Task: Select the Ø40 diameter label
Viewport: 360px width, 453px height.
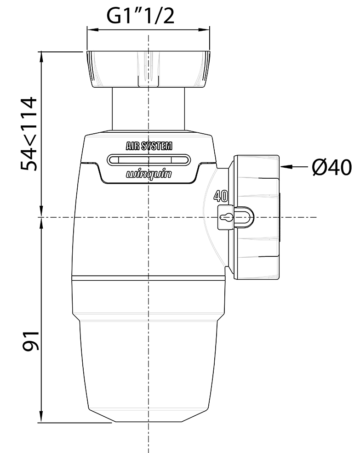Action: (x=331, y=167)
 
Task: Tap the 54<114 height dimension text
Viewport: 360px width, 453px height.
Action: (x=31, y=133)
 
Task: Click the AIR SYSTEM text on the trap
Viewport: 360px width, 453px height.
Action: (x=149, y=147)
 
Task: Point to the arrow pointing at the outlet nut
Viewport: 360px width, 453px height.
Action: (x=294, y=166)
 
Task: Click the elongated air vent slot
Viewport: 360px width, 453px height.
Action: (x=149, y=160)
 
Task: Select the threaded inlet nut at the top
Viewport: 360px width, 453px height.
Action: (x=148, y=69)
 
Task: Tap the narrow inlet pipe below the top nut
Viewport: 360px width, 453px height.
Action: (x=149, y=110)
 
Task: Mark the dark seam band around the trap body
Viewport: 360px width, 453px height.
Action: (x=148, y=277)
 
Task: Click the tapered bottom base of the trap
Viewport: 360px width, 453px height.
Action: (x=148, y=416)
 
